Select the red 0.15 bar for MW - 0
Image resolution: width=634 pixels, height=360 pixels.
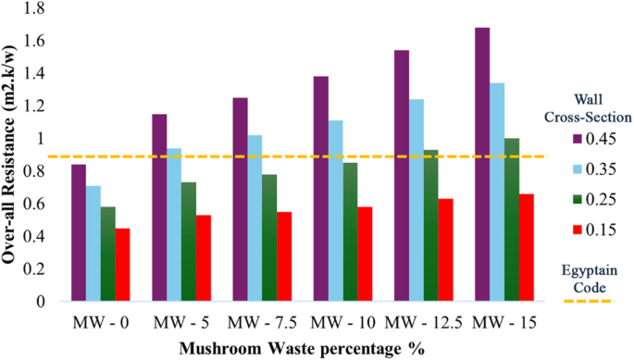click(122, 265)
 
